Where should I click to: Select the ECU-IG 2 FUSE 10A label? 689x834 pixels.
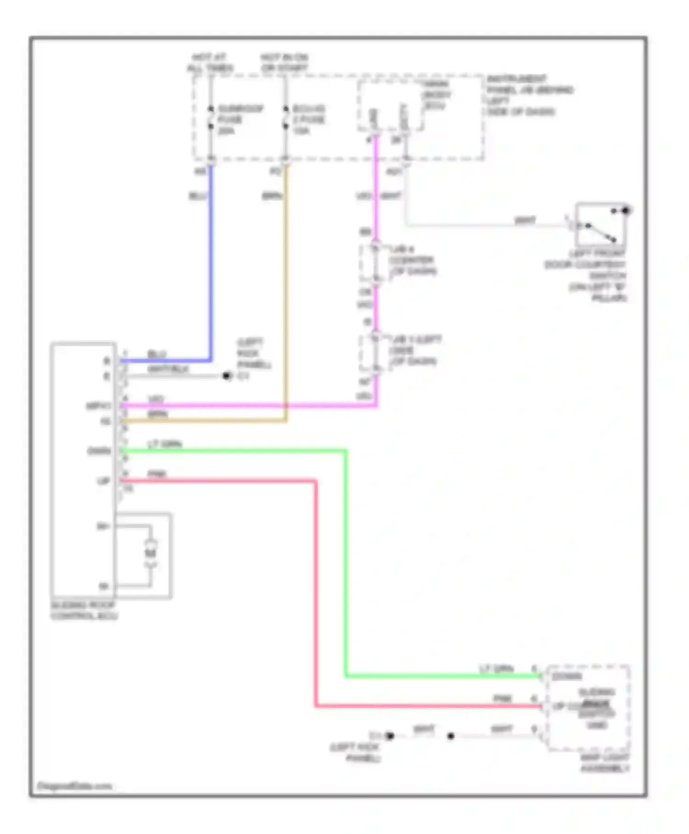[309, 120]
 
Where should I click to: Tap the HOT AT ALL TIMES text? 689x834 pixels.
[209, 63]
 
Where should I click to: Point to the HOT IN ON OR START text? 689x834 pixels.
[284, 63]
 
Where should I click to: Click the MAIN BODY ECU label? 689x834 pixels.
[436, 95]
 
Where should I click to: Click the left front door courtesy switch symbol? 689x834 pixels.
[600, 225]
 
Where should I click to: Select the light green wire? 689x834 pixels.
[345, 561]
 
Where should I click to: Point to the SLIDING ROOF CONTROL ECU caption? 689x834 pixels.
[84, 611]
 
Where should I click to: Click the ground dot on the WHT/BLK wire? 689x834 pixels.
[226, 376]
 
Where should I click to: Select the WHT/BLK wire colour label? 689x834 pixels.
[168, 369]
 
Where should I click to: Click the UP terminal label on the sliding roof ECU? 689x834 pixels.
[104, 481]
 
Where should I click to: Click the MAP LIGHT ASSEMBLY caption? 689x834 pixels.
[605, 763]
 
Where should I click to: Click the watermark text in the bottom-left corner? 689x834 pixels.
[74, 786]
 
